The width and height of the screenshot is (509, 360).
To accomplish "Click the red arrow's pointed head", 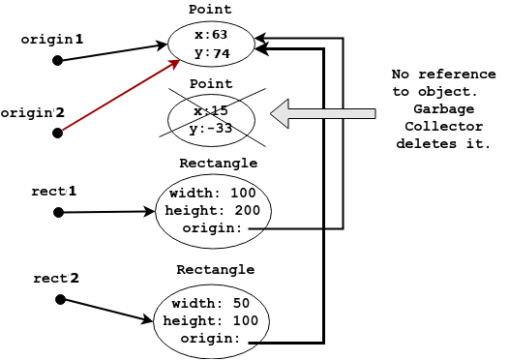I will [x=176, y=62].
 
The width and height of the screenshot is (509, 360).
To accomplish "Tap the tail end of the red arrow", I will [x=63, y=129].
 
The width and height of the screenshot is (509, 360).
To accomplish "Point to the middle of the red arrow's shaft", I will [x=120, y=95].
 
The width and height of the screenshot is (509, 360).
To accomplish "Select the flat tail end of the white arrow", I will [x=374, y=113].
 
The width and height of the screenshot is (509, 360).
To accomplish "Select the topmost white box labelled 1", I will [x=87, y=38].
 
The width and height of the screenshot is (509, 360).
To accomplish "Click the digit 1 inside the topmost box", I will [x=79, y=40].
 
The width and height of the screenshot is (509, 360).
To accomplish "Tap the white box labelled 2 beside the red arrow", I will [x=66, y=111].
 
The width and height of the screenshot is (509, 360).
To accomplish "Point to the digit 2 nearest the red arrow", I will [x=60, y=112].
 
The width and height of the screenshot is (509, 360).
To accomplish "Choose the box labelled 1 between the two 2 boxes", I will [x=80, y=190].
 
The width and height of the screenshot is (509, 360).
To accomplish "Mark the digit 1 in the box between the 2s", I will [x=72, y=192].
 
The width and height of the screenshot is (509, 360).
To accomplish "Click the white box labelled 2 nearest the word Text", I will [x=83, y=277].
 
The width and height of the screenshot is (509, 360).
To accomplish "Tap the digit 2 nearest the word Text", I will [x=74, y=278].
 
